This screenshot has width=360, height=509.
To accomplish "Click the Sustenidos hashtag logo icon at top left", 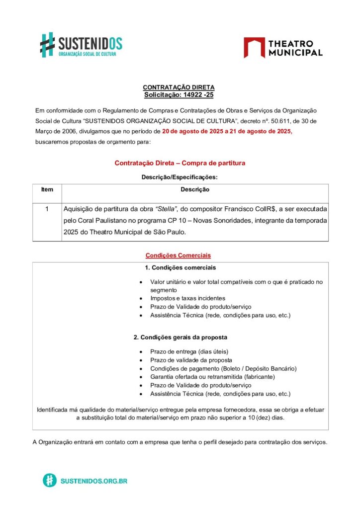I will pos(47,45).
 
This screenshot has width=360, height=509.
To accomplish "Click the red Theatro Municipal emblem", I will pos(254,48).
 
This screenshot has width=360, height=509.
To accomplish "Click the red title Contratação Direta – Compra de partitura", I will pos(180,163).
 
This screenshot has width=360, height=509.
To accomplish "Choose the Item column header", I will pos(47,189).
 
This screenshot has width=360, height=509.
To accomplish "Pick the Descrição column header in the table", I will pos(195,189).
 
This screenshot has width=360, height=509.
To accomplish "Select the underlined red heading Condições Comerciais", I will pos(178,255).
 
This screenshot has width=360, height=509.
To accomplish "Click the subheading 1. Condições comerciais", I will pos(180,267).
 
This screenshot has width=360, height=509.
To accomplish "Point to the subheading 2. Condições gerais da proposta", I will pos(180,337).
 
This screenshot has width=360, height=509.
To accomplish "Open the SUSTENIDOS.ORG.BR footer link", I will pos(93,481).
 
